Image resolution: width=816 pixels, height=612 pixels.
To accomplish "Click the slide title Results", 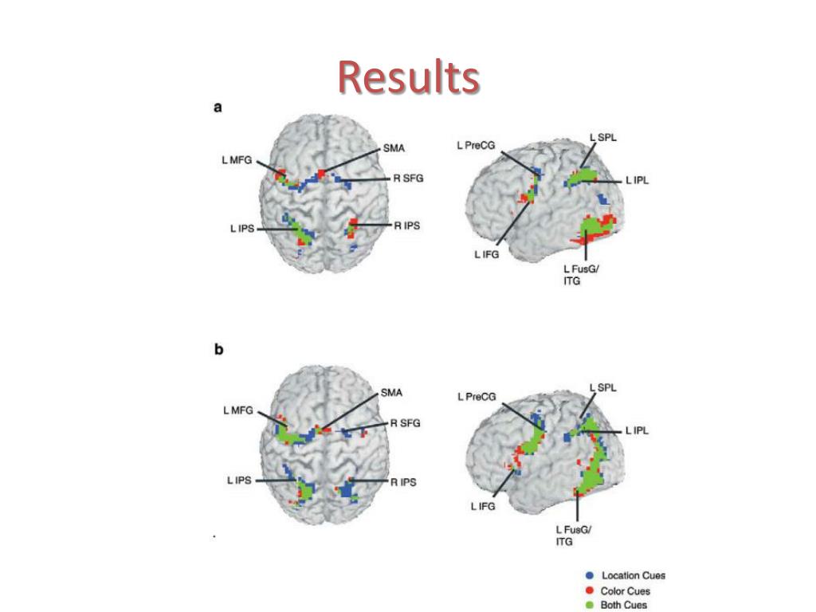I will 408,78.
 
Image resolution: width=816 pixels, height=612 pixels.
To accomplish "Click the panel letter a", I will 218,108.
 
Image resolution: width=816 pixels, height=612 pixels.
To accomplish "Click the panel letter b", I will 218,351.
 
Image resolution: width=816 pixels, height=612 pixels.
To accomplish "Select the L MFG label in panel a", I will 237,160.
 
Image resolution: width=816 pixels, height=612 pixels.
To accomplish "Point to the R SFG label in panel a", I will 406,178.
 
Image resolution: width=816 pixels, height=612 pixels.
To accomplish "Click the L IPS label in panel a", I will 242,229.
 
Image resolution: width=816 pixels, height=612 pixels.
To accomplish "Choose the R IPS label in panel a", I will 406,226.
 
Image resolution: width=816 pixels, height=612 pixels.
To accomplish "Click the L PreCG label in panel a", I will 476,144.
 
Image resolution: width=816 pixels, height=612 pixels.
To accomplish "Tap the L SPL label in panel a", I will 603,138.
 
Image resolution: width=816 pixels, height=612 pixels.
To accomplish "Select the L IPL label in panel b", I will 637,430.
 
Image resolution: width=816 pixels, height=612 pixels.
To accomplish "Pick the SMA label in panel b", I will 391,393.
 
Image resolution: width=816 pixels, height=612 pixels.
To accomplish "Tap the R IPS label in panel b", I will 403,482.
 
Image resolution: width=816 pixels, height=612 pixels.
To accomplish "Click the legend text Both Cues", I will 625,605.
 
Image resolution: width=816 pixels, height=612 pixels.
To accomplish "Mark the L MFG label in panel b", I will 237,411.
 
